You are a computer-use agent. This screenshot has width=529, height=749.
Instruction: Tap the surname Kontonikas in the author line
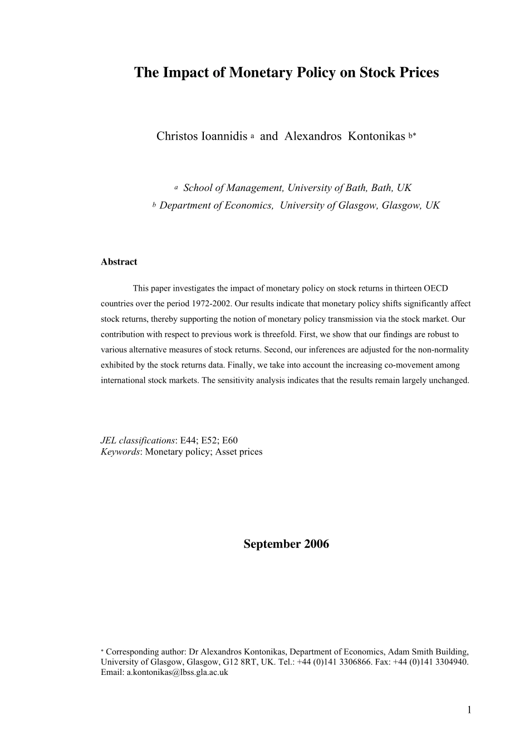pos(376,136)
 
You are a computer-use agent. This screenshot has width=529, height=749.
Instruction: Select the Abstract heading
pos(119,262)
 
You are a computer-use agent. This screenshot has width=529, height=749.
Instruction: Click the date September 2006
pos(286,544)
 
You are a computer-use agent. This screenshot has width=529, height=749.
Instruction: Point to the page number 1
pos(469,709)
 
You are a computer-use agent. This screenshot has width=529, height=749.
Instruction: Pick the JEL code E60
pos(229,440)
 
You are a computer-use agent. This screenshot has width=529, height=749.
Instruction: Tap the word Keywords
pos(120,452)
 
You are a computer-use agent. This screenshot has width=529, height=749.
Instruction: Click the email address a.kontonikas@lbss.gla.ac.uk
pos(177,672)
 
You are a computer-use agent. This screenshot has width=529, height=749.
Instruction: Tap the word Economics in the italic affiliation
pos(248,205)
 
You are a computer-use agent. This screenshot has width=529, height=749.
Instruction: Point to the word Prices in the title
pos(419,72)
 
